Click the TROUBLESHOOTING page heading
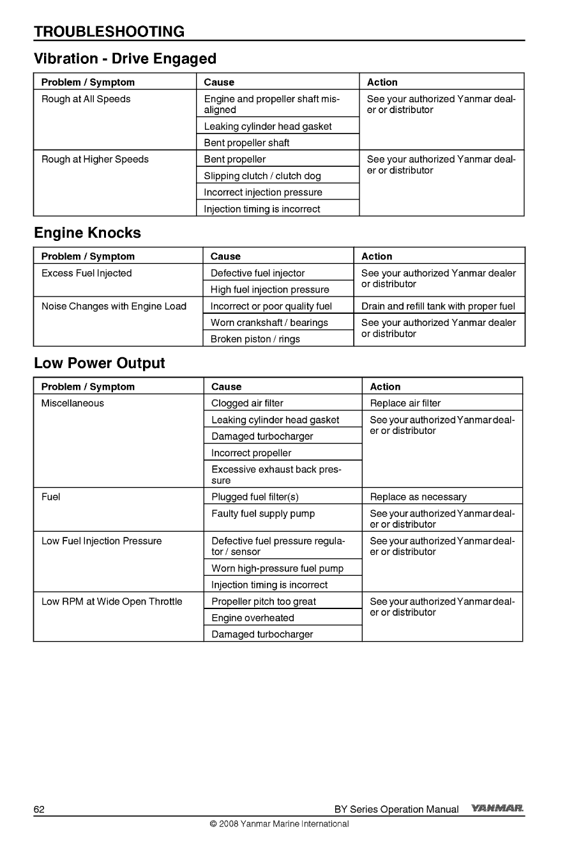(x=109, y=31)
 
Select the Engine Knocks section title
(x=87, y=233)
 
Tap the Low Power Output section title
(x=99, y=363)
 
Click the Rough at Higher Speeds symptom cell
(x=95, y=159)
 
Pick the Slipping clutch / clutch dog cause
(x=262, y=176)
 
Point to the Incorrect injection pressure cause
(x=263, y=192)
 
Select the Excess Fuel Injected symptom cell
(x=87, y=273)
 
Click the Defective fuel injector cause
(x=258, y=273)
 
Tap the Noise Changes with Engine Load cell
(x=114, y=306)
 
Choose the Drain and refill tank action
(x=438, y=306)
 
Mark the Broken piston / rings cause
(x=255, y=339)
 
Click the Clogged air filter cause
(x=247, y=403)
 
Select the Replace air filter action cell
(x=405, y=403)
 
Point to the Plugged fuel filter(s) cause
(x=255, y=497)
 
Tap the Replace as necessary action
(x=418, y=497)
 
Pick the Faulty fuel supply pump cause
(x=263, y=513)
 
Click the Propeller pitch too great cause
(x=264, y=601)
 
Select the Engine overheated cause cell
(x=253, y=618)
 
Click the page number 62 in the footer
(x=39, y=809)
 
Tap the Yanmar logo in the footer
(x=497, y=808)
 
